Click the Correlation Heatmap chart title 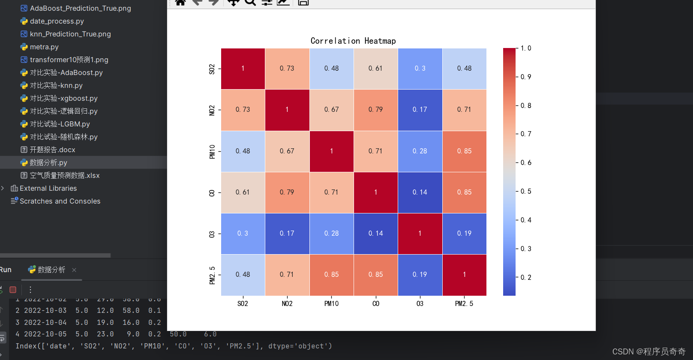[353, 41]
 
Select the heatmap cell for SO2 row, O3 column [420, 69]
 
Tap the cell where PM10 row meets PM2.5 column [464, 151]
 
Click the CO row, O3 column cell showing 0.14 [420, 192]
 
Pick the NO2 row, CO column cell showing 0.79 [375, 110]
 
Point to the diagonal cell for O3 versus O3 [420, 234]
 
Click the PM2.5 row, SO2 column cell [243, 275]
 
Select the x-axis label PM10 [331, 303]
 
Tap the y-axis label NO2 [212, 110]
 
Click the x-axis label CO [375, 303]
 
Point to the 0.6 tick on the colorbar [525, 162]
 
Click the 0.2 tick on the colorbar [525, 277]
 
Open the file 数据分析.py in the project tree [48, 162]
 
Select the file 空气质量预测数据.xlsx [64, 175]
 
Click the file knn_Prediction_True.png [70, 34]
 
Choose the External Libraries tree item [48, 188]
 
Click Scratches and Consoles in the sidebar [60, 201]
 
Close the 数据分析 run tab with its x [74, 270]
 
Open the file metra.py [44, 47]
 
